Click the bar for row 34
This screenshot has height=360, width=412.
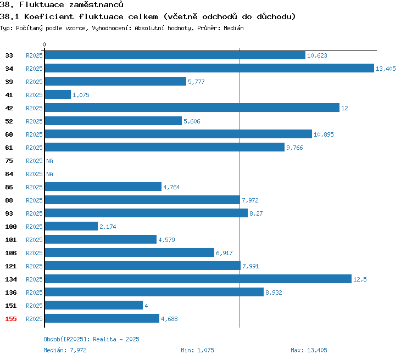coord(209,68)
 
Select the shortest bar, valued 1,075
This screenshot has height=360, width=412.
coord(58,94)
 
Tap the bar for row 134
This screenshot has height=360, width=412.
coord(198,279)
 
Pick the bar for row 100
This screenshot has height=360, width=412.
coord(71,226)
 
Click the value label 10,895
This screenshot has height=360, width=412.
coord(324,134)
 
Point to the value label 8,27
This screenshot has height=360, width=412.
coord(256,213)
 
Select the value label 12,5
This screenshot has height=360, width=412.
coord(360,279)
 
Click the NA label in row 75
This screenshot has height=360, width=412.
coord(49,161)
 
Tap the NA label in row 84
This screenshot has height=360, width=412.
coord(49,174)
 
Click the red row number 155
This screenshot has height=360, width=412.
coord(11,319)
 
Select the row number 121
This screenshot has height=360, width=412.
coord(11,266)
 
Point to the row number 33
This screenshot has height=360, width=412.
coord(9,55)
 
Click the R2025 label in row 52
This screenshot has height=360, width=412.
coord(34,121)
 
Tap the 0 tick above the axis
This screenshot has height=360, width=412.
coord(44,44)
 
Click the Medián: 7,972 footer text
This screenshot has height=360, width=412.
coord(65,350)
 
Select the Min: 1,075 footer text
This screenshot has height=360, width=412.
coord(197,350)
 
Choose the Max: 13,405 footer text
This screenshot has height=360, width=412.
coord(309,350)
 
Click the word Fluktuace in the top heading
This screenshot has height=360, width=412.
coord(42,4)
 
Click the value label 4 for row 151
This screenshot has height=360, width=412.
coord(146,306)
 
